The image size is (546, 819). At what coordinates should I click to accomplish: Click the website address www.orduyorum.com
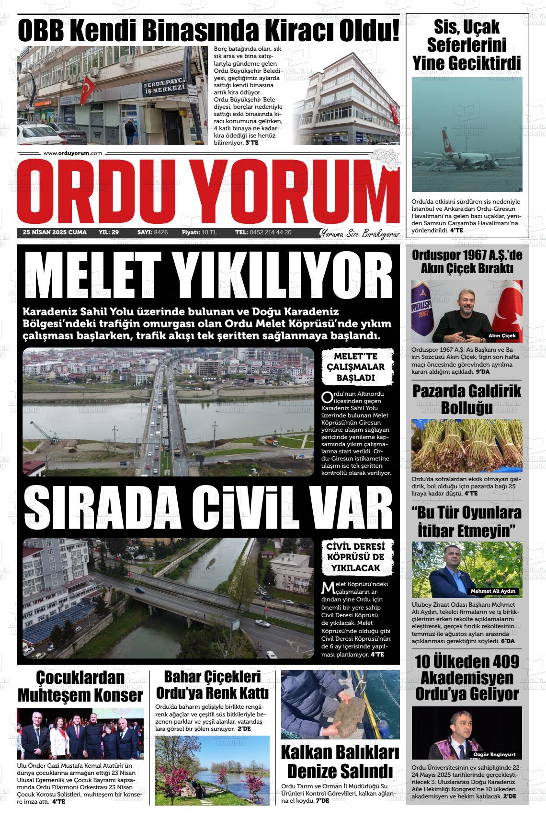73,153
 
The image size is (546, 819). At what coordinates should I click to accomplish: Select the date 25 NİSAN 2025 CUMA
55,232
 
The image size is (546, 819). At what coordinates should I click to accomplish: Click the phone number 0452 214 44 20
270,232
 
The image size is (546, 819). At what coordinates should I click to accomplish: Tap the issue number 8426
161,232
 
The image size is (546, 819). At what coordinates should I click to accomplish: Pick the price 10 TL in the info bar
209,232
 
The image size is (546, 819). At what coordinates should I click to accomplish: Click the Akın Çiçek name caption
502,335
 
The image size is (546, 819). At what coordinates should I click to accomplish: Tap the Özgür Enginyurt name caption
497,754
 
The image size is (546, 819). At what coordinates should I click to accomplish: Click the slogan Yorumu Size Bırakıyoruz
359,233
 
